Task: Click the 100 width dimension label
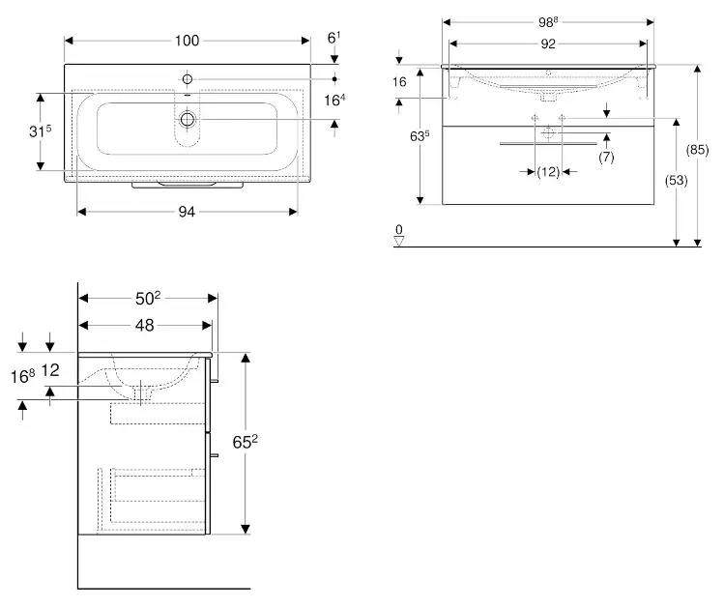point(187,41)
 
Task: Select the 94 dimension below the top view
point(187,212)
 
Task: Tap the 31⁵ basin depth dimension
point(41,131)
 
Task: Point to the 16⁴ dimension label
point(334,100)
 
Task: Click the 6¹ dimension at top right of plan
point(333,38)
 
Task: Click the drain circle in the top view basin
point(188,120)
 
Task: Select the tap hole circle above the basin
point(187,79)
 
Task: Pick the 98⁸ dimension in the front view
point(548,21)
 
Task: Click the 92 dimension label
point(548,43)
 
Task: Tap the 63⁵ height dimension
point(420,135)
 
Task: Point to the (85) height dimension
point(697,150)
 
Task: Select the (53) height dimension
point(676,181)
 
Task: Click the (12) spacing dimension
point(548,172)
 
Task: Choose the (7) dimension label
point(606,157)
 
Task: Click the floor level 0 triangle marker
point(399,241)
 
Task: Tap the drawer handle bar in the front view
point(548,144)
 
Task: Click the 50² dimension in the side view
point(148,299)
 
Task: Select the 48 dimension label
point(145,326)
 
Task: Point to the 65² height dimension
point(246,442)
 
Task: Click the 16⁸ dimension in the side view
point(22,376)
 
